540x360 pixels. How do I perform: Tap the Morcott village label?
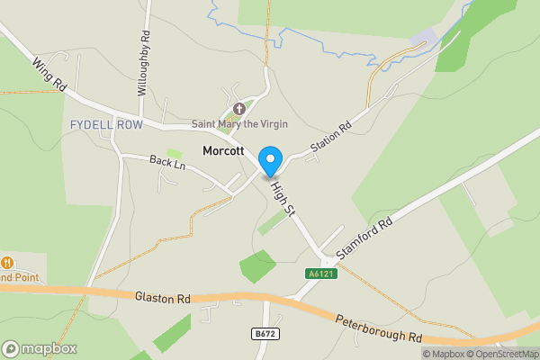coord(222,151)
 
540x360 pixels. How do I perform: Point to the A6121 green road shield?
coord(321,273)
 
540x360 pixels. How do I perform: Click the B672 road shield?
coord(262,334)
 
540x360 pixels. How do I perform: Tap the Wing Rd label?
coord(50,76)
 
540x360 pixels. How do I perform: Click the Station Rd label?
coord(331,136)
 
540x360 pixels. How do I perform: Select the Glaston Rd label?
coord(164,296)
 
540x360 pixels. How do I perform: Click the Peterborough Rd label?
coord(379,328)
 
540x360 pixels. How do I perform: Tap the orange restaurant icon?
coord(7,263)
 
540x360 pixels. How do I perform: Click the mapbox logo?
coord(40,348)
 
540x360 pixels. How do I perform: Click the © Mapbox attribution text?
coord(444,353)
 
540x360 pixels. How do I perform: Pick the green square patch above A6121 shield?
coord(257,265)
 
